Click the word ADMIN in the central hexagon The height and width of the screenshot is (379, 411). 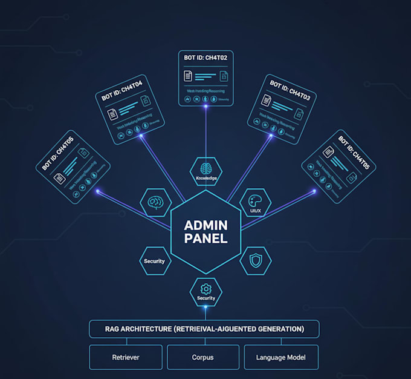(x=206, y=224)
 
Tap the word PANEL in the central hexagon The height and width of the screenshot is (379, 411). (x=206, y=239)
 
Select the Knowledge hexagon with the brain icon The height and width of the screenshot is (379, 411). (x=206, y=171)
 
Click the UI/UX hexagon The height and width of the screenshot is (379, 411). (x=255, y=203)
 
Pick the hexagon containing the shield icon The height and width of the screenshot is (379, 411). (x=255, y=261)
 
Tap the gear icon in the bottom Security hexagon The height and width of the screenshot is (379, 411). (x=205, y=289)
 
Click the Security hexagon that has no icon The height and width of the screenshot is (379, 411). (x=154, y=261)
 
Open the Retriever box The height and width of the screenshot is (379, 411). (x=126, y=357)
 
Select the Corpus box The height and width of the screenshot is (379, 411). (x=203, y=357)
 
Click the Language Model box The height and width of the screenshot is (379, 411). (x=280, y=357)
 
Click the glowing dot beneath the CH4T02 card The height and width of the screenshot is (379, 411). (x=206, y=107)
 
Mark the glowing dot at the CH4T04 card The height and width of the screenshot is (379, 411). (x=142, y=136)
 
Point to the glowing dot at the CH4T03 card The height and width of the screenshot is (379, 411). (x=270, y=136)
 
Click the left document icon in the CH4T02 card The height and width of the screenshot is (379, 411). (x=188, y=76)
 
